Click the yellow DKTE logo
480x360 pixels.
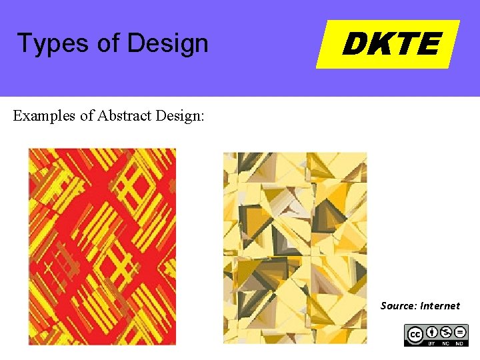(x=388, y=44)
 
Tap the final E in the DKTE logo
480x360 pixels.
(x=428, y=45)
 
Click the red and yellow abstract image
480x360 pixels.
(x=102, y=246)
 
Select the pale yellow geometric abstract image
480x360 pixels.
(x=295, y=247)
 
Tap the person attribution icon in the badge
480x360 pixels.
(x=432, y=331)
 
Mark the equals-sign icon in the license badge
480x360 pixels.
(x=460, y=331)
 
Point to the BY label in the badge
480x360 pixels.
(x=432, y=343)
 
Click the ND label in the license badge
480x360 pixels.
(x=460, y=343)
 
